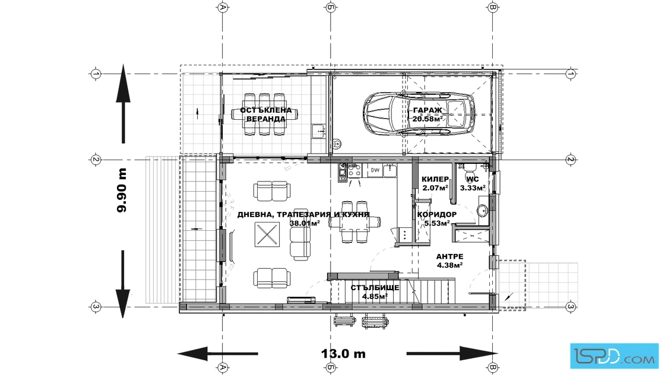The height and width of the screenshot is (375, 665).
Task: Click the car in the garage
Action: pyautogui.click(x=419, y=115)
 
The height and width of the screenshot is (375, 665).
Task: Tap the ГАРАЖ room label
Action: pyautogui.click(x=427, y=110)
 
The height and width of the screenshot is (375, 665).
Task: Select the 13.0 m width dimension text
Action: pyautogui.click(x=343, y=354)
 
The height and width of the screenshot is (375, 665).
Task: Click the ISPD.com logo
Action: pyautogui.click(x=614, y=356)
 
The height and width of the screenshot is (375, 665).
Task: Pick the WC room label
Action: pyautogui.click(x=473, y=179)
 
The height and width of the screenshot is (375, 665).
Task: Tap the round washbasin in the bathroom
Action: pyautogui.click(x=482, y=210)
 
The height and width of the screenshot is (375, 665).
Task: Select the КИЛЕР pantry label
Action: pyautogui.click(x=435, y=179)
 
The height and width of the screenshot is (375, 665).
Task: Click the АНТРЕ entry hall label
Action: pyautogui.click(x=449, y=256)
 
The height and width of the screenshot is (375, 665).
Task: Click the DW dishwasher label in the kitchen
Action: pyautogui.click(x=375, y=170)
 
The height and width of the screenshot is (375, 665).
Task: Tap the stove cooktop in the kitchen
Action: pyautogui.click(x=354, y=170)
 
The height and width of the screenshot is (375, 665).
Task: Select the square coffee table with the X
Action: pyautogui.click(x=267, y=234)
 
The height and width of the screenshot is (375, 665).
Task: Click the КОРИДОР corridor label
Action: pyautogui.click(x=437, y=214)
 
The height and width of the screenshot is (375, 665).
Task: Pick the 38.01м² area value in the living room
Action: pyautogui.click(x=305, y=223)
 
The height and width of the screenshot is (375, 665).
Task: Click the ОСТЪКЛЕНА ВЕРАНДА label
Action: pyautogui.click(x=266, y=115)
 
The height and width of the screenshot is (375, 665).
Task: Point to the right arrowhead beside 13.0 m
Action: pyautogui.click(x=479, y=354)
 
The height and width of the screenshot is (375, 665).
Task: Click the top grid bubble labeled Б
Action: pyautogui.click(x=330, y=7)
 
